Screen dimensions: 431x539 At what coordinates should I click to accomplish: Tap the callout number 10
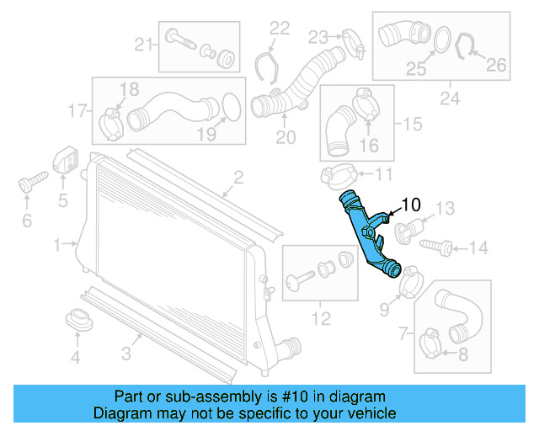click(x=410, y=204)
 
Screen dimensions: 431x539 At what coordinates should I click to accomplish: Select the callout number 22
click(x=279, y=28)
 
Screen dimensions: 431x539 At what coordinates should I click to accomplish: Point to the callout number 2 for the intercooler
click(x=238, y=177)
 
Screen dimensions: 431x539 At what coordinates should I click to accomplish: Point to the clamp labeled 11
click(x=334, y=176)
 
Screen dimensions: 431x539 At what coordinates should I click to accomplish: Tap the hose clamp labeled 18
click(x=111, y=123)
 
